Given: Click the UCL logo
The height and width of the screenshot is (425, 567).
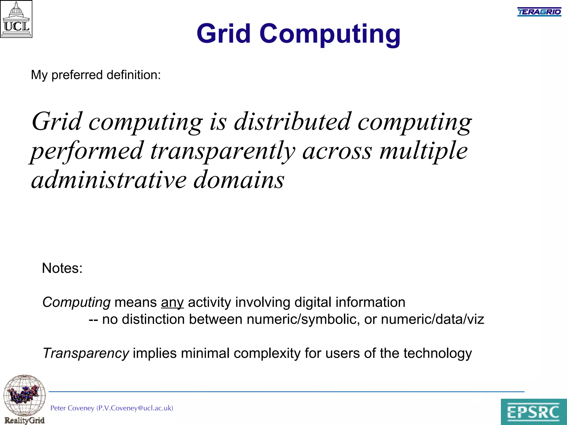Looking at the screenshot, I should coord(16,19).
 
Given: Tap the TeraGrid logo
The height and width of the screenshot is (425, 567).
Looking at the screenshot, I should coord(539,12).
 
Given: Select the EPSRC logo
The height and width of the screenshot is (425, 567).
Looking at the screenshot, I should coord(534,411).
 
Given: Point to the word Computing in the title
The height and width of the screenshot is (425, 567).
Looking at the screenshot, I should coord(330,34).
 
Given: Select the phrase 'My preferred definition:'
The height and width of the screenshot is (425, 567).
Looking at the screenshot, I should coord(96,75).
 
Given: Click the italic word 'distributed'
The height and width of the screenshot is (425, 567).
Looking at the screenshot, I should coord(292,122).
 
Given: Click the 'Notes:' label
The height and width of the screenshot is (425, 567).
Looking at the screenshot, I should coord(62,268).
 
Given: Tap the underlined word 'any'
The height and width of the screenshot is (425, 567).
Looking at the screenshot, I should coord(172,302).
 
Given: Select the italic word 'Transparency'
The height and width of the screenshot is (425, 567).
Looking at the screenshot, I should coord(86,353).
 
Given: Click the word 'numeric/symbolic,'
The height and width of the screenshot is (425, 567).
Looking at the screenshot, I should coord(303,319).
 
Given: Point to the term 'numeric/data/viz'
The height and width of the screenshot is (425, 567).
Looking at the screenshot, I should coord(432,319).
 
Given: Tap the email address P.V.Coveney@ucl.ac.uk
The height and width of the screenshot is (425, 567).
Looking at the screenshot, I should coord(135,408).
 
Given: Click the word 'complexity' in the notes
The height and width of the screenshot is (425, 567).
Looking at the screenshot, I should coord(267,353).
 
